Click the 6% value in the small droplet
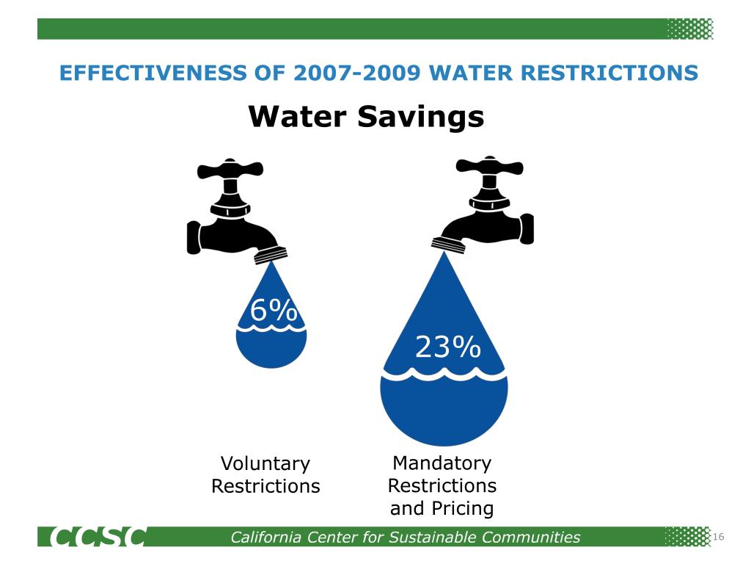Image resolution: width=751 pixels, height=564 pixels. click(274, 311)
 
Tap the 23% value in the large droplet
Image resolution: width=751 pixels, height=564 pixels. click(448, 347)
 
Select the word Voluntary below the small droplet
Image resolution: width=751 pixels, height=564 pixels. click(265, 464)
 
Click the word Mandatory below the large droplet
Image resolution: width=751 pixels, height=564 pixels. click(442, 463)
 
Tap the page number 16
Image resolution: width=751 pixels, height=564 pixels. click(718, 538)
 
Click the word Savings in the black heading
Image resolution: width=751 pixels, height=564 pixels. click(420, 116)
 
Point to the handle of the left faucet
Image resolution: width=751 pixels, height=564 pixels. click(230, 171)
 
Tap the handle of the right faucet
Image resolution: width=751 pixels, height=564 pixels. click(490, 168)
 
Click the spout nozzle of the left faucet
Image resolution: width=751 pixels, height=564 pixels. click(271, 253)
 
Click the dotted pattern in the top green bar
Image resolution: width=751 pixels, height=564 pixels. click(689, 29)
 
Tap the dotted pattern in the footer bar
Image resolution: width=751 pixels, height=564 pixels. click(687, 537)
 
